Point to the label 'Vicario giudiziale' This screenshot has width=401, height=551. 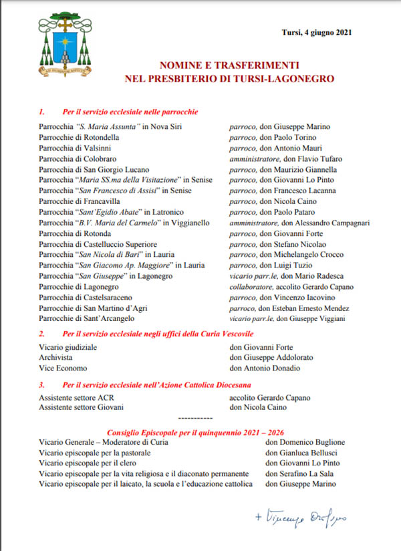(x=68, y=347)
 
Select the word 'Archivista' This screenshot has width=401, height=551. (x=55, y=358)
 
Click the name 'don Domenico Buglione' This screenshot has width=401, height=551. (x=305, y=442)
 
